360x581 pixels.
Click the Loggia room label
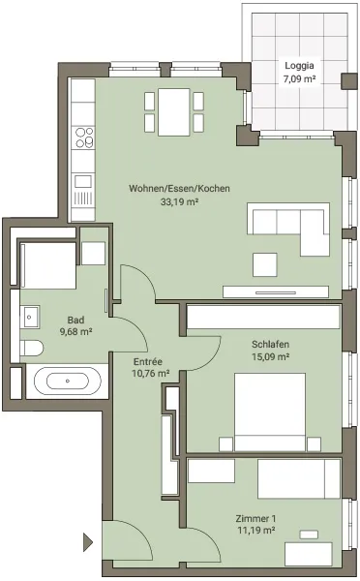pos(299,66)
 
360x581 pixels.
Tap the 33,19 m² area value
pos(179,202)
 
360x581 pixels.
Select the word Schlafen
pos(270,344)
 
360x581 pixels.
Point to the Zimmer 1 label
pos(255,518)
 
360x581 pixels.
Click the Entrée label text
pos(148,361)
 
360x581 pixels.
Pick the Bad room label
pos(75,320)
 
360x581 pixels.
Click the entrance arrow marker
pos(88,542)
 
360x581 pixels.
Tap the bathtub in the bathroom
pos(68,381)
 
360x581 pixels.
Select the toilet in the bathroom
pos(32,348)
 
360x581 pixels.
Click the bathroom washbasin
pos(30,317)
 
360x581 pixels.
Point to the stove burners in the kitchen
pos(84,138)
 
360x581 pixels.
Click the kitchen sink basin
pos(83,182)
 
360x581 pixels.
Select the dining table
pos(174,112)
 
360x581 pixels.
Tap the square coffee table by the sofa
pos(265,264)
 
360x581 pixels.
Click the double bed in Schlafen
pos(270,413)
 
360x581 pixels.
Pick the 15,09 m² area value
pos(270,356)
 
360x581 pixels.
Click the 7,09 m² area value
pos(299,78)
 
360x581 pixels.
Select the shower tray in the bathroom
pos(48,265)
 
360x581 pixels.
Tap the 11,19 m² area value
pos(255,531)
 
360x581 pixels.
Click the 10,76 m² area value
pos(151,373)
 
